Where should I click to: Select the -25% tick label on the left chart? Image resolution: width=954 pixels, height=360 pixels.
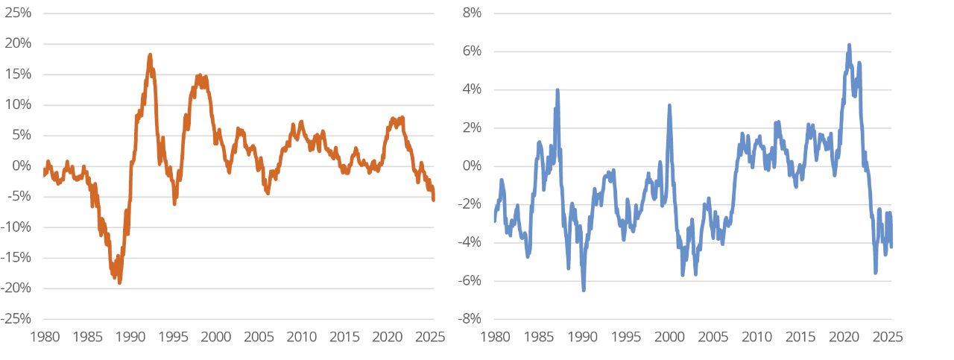click(17, 319)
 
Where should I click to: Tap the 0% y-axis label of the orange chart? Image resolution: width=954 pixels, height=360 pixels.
click(22, 166)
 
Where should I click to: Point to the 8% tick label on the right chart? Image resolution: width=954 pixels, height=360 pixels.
click(471, 13)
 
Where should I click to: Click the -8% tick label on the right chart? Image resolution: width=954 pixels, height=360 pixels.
click(469, 319)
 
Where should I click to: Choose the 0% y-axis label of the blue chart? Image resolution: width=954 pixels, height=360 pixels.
click(471, 166)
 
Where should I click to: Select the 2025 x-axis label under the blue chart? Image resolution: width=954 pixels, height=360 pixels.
click(888, 336)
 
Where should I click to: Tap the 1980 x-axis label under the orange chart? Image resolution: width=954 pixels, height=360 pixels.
click(44, 336)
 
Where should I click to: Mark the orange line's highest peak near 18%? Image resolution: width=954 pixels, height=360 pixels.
click(150, 55)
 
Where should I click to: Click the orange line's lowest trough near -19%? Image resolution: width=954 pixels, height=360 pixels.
click(119, 282)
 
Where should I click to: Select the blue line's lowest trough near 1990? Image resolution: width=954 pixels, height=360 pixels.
click(584, 289)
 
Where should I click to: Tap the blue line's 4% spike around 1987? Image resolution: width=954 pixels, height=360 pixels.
click(557, 90)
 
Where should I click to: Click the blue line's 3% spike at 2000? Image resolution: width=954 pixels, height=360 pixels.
click(669, 106)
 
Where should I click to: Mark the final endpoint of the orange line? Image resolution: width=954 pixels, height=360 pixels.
click(434, 199)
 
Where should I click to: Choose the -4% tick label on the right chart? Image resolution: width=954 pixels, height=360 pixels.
click(469, 242)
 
